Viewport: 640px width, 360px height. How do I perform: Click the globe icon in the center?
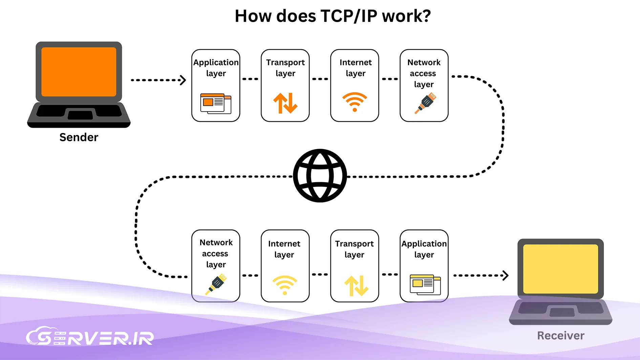click(320, 176)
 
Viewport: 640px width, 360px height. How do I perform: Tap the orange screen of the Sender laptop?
click(79, 72)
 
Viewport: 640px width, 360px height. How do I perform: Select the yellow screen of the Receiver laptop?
click(560, 269)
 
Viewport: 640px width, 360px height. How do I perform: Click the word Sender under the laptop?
click(79, 137)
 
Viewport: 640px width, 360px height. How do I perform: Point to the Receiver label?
click(560, 336)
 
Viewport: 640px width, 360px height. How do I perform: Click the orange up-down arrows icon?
click(285, 103)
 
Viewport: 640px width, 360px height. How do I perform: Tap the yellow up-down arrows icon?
click(356, 285)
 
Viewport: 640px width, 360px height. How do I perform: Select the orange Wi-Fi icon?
click(355, 102)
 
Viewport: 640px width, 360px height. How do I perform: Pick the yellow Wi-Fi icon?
click(285, 285)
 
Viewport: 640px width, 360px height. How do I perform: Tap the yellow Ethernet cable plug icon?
click(216, 284)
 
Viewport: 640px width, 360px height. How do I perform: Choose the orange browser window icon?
click(215, 103)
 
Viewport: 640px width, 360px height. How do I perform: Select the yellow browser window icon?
click(425, 284)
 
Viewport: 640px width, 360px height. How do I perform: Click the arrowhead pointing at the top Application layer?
click(183, 80)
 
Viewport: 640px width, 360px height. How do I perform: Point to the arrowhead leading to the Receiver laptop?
click(505, 275)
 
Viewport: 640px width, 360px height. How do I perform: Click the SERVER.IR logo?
click(90, 337)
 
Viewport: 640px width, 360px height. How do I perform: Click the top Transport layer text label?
click(285, 68)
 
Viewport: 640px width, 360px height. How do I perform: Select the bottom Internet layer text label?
click(284, 249)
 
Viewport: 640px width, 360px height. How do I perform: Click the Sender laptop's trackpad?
click(80, 115)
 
